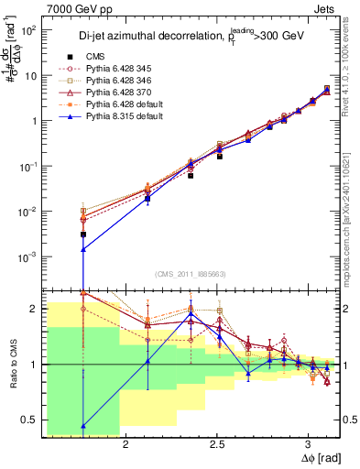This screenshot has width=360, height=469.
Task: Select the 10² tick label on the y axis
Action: tap(27, 30)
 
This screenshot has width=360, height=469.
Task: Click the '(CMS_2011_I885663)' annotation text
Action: tap(191, 274)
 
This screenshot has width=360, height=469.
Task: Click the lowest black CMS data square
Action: tap(83, 234)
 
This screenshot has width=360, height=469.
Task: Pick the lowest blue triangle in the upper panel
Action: tap(83, 249)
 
